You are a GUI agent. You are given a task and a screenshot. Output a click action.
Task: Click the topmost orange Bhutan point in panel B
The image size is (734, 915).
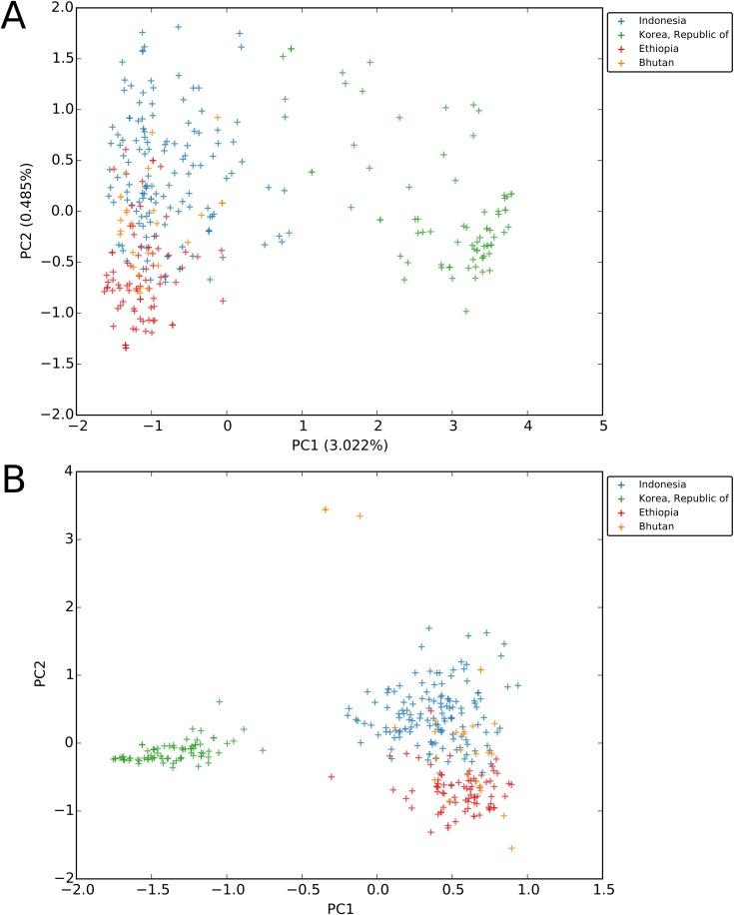[326, 509]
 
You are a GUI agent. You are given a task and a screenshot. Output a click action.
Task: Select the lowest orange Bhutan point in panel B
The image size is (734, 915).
[511, 848]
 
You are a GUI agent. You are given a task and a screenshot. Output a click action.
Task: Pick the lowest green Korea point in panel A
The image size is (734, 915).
[465, 312]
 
